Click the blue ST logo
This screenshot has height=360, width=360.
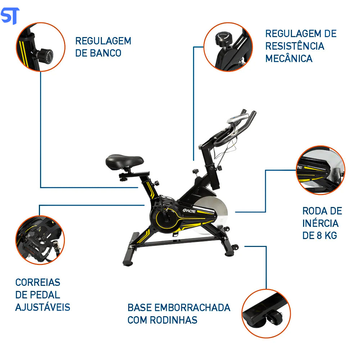coord(10,16)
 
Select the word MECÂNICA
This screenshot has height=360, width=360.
coord(289,58)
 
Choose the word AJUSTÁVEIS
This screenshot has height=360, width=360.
coord(42,307)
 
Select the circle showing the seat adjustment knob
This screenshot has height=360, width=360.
coord(40,47)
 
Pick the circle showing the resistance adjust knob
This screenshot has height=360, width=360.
coord(228,46)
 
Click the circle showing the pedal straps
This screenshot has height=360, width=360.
coord(40,240)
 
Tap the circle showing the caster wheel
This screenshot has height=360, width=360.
coord(266,313)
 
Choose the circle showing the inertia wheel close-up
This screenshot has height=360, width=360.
coord(320,170)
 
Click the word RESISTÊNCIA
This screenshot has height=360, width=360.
coord(294,46)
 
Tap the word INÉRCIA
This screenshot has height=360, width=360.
coord(320,223)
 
